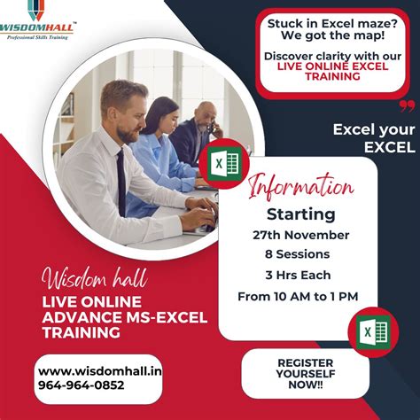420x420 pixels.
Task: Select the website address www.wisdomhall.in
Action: [x=88, y=371]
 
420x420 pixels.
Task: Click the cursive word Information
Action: [x=301, y=188]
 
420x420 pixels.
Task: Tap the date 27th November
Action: [x=301, y=235]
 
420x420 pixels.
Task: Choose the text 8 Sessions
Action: [x=301, y=254]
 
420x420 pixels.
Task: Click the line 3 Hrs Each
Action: [x=301, y=275]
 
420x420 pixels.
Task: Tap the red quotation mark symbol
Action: [x=407, y=106]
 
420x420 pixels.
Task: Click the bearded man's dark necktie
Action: [x=121, y=182]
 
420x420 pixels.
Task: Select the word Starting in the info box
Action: [x=301, y=214]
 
